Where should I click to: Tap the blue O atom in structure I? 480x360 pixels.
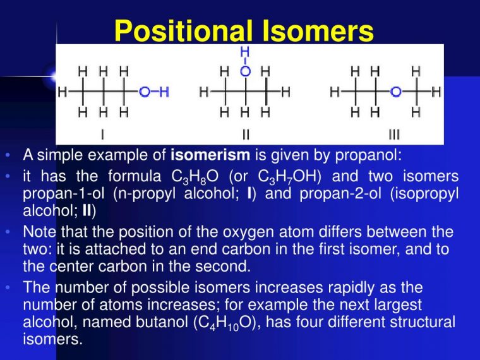[145, 92]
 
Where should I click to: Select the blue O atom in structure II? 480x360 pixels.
[246, 71]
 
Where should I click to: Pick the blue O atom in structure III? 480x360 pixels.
[395, 92]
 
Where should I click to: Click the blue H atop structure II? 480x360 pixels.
[246, 51]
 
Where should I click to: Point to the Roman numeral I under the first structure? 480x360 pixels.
[103, 134]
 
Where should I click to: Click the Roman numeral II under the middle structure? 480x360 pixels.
[246, 134]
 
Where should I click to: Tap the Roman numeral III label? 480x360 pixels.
[394, 134]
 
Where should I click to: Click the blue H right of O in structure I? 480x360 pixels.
[164, 92]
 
